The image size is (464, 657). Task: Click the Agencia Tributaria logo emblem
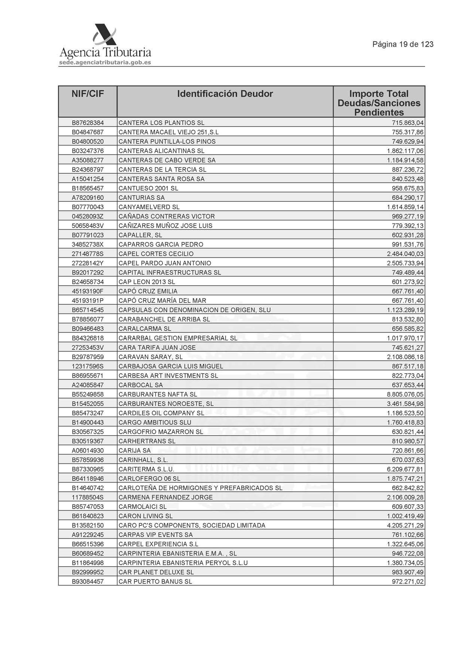tap(105, 36)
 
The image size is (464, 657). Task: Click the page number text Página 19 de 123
tap(403, 44)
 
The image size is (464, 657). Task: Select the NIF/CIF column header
tap(88, 94)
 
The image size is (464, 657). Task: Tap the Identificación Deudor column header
tap(225, 94)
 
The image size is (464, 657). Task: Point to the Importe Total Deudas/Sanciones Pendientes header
tap(379, 103)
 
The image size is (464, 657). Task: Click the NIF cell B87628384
tap(88, 123)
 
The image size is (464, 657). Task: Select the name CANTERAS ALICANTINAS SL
tap(162, 151)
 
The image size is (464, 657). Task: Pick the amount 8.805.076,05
tap(405, 394)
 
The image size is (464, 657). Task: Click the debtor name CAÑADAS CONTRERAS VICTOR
tap(167, 216)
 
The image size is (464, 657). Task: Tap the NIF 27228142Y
tap(88, 263)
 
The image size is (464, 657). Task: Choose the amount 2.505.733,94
tap(405, 263)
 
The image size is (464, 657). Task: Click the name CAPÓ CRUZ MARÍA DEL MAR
tap(162, 301)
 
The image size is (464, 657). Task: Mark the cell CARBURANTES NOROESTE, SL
tap(166, 404)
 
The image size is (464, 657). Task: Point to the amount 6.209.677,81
tap(405, 469)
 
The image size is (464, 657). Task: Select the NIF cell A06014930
tap(88, 450)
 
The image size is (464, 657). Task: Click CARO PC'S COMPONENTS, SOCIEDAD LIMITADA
tap(192, 525)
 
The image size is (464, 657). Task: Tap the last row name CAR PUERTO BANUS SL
tap(155, 581)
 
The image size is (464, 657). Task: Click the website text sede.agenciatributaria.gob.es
tap(105, 63)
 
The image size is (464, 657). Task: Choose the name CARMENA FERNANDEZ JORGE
tap(166, 497)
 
